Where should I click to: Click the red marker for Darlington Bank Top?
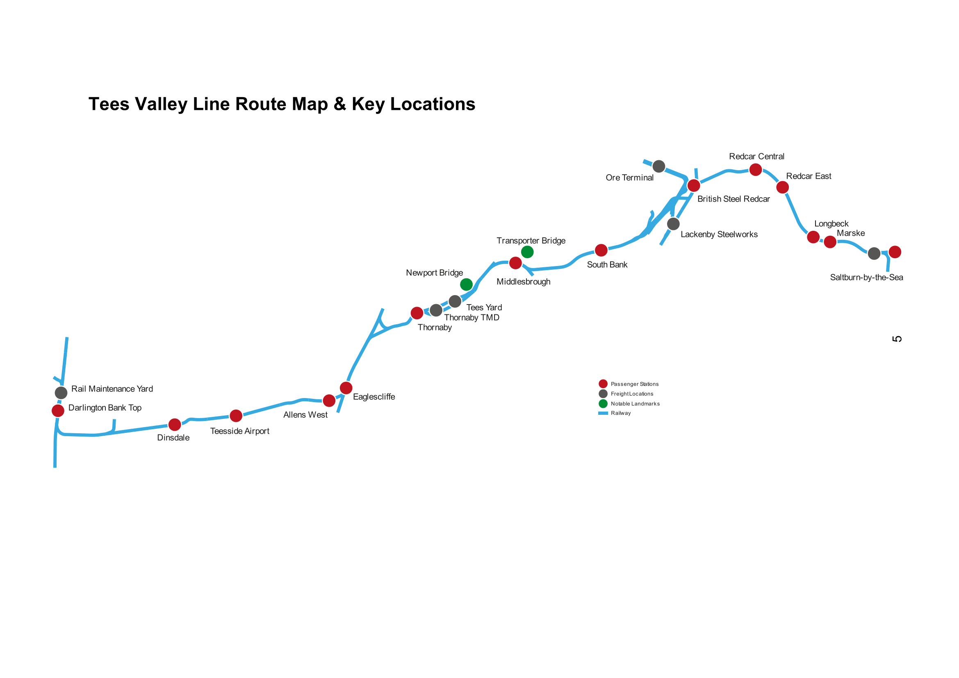[58, 411]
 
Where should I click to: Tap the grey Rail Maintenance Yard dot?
[61, 392]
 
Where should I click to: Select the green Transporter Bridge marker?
[527, 252]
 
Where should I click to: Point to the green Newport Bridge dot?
[466, 284]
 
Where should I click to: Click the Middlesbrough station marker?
[515, 263]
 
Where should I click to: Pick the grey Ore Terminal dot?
[659, 166]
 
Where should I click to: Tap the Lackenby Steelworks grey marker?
[673, 224]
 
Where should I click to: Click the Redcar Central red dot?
[756, 170]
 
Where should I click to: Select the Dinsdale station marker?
[175, 425]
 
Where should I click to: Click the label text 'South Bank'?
[607, 265]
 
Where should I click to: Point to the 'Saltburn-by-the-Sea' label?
[866, 278]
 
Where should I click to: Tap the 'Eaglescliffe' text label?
[374, 397]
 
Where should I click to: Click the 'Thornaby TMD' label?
[472, 318]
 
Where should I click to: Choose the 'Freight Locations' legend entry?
[631, 394]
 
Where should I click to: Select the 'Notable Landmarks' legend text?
[635, 404]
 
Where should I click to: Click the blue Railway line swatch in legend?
[603, 413]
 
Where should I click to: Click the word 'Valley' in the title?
[161, 104]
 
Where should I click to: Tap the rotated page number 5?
[897, 339]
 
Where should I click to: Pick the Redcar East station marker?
[782, 187]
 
